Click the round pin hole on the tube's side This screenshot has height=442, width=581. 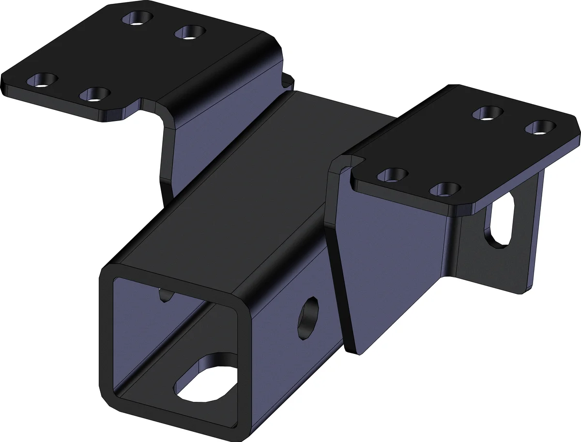click(x=309, y=318)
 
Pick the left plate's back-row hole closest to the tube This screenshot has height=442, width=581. click(x=190, y=33)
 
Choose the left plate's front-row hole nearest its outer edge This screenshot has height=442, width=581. click(x=43, y=80)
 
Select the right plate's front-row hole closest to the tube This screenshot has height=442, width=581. click(x=393, y=174)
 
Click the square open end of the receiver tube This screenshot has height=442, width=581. click(x=174, y=349)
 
